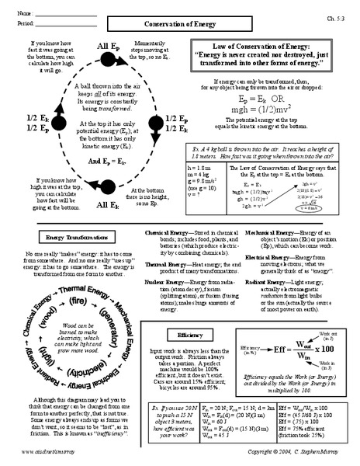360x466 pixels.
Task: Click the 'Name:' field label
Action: [23, 14]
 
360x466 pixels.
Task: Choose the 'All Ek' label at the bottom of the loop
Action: [108, 205]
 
